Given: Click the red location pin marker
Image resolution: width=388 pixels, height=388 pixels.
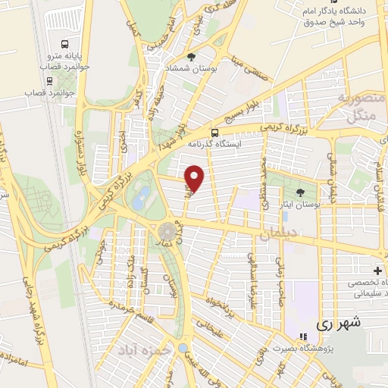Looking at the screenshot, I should click(x=196, y=178).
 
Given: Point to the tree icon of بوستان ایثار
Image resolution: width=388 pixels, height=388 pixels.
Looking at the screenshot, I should click(x=302, y=192).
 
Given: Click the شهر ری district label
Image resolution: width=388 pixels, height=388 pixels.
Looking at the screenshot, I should click(x=337, y=323).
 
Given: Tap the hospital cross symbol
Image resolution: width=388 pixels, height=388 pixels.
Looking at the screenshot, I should click(x=377, y=271).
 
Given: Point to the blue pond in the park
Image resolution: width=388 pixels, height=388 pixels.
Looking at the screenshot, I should click(x=140, y=201).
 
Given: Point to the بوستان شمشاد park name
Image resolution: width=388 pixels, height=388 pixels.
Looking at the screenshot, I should click(x=192, y=69).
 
